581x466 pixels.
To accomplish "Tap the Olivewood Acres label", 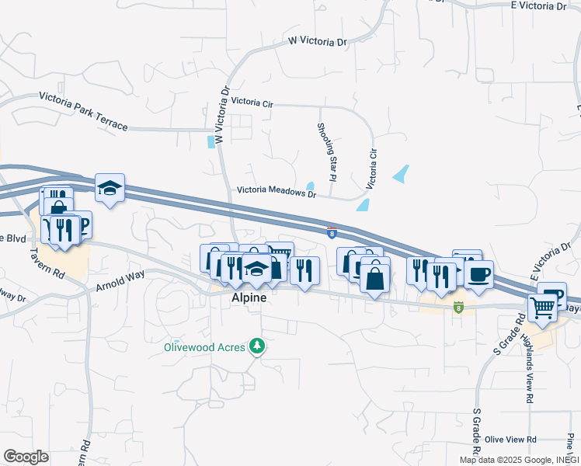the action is (x=204, y=347).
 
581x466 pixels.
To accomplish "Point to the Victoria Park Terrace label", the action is (x=83, y=112).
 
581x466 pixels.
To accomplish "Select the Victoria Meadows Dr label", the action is (x=277, y=190).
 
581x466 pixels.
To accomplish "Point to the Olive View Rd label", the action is (x=510, y=440).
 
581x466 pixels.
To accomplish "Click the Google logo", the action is (x=26, y=457).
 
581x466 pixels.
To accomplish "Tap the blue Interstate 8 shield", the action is (x=332, y=231).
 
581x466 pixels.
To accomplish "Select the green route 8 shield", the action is (x=458, y=308).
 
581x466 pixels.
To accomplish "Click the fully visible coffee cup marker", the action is (x=478, y=273).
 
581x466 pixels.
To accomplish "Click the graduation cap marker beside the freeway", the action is (x=110, y=187).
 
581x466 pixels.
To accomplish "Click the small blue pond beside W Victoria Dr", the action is (x=211, y=142).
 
